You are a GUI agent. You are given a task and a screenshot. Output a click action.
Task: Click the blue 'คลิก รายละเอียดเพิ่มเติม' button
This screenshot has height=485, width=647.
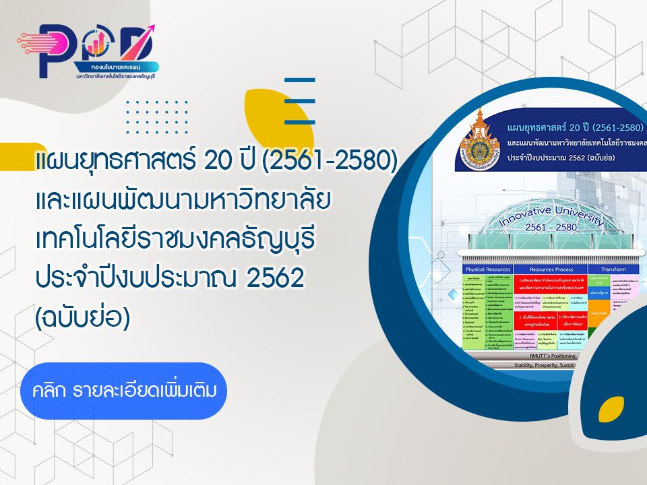coord(123,391)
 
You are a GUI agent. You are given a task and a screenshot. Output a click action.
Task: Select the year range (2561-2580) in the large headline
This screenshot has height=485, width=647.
coord(330,161)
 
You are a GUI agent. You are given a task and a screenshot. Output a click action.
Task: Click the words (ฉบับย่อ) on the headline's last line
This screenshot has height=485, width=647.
coord(82,317)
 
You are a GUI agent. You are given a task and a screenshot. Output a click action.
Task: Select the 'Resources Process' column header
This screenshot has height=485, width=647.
coord(551,269)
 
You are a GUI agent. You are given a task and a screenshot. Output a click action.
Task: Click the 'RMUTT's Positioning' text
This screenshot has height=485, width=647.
coord(555,354)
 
